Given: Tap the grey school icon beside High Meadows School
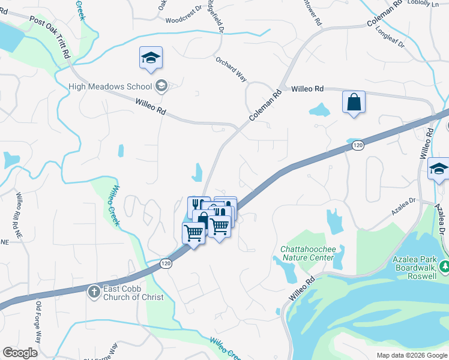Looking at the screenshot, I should (161, 86).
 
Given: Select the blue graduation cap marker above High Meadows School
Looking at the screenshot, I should (151, 58).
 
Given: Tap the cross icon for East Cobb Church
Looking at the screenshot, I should (93, 292).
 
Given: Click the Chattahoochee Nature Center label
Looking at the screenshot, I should (307, 253).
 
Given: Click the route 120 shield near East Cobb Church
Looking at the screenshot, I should (166, 263).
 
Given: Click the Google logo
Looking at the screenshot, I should (20, 353).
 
